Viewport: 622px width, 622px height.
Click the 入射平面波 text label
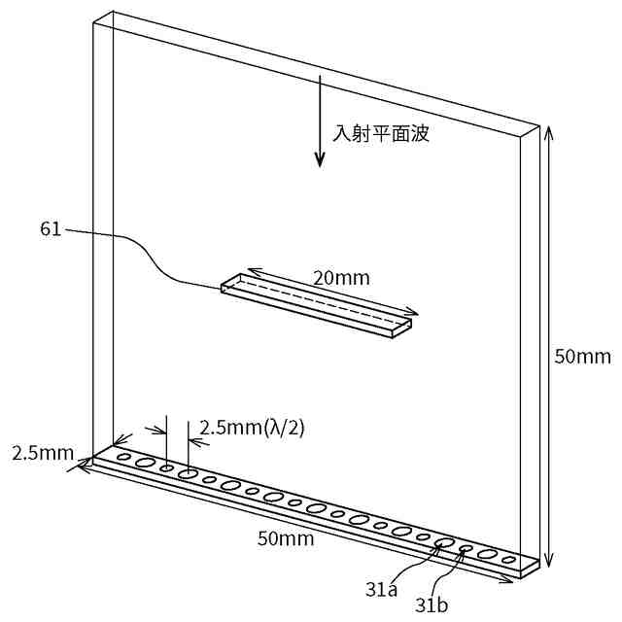coord(381,134)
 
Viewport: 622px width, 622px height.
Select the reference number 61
coord(51,229)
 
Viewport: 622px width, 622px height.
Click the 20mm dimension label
coord(341,278)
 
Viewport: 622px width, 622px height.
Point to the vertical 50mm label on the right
coord(582,357)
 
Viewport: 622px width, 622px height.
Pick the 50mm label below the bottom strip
coord(286,538)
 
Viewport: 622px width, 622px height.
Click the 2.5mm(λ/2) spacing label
coord(252,427)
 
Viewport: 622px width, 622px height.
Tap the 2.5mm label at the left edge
coord(42,453)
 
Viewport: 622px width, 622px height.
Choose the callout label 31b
coord(432,605)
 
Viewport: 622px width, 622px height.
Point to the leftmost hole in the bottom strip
coord(123,456)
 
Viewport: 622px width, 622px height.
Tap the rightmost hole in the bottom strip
coord(508,561)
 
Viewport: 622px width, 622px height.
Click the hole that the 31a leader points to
coord(445,542)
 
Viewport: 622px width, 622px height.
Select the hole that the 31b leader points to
coord(466,550)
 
